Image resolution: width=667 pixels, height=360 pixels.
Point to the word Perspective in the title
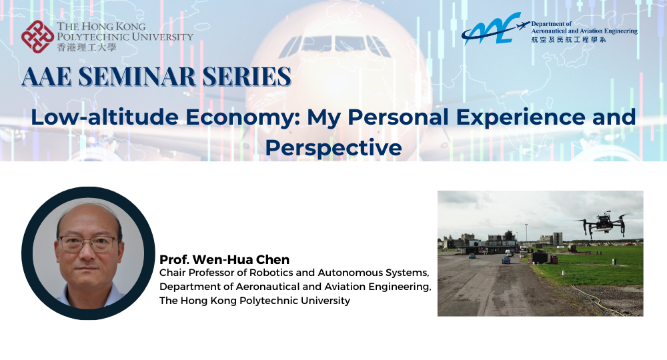pos(333,147)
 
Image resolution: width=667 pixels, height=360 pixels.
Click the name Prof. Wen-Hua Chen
pos(215,259)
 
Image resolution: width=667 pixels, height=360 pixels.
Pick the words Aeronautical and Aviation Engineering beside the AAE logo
pos(584,31)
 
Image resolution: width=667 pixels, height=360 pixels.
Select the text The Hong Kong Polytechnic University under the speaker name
pos(254,301)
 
